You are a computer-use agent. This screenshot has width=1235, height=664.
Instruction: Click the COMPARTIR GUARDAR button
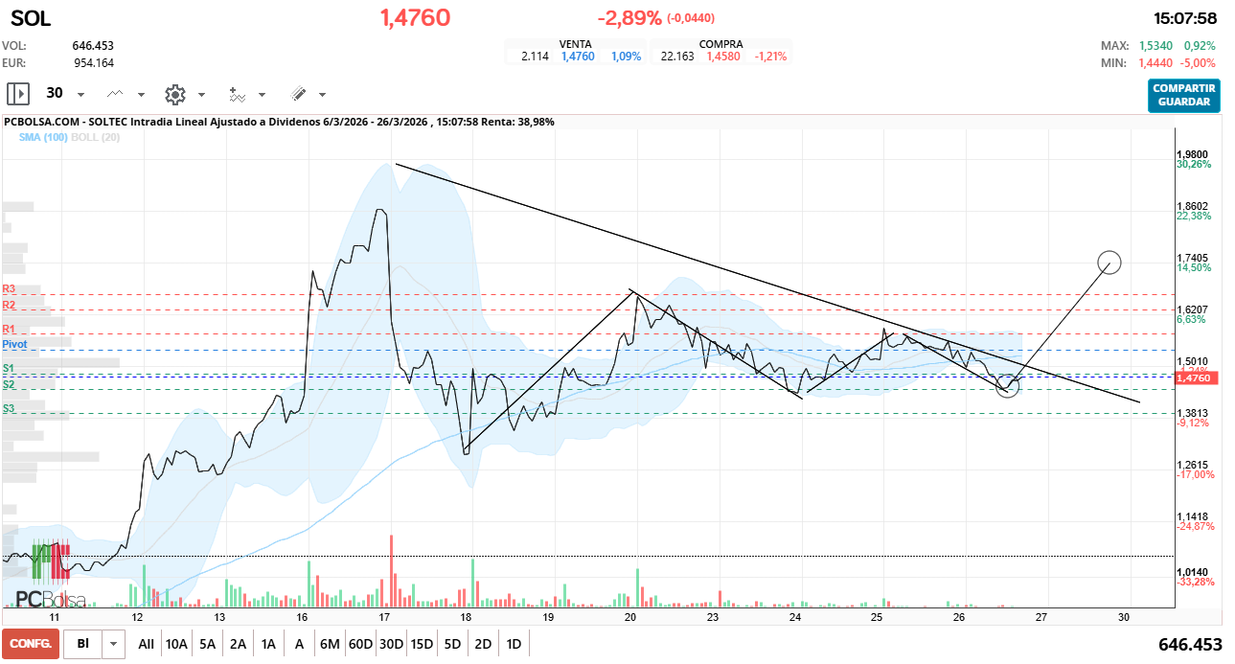(x=1183, y=95)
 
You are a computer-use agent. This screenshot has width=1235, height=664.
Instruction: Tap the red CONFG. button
(x=30, y=644)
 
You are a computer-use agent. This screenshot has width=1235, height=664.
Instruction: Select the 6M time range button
(x=330, y=644)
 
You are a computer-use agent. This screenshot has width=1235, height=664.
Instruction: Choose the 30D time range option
(x=391, y=644)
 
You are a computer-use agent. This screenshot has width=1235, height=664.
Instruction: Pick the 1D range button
(x=514, y=644)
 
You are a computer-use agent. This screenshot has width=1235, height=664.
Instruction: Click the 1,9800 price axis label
(x=1192, y=154)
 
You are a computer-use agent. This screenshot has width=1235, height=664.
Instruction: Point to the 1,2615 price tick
(x=1192, y=465)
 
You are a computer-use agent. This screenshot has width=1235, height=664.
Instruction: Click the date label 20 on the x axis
(x=630, y=618)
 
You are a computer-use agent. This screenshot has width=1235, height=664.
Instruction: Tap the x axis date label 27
(x=1041, y=618)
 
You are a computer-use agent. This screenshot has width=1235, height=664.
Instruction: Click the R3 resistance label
(x=10, y=288)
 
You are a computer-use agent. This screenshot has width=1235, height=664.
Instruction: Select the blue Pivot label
(x=14, y=343)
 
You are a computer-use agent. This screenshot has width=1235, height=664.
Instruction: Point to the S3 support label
(x=9, y=408)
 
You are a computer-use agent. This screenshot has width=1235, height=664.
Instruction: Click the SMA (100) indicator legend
(x=43, y=138)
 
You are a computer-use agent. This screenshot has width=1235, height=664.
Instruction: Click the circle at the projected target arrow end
(x=1109, y=262)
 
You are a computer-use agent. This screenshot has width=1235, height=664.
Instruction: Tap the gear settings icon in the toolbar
(x=174, y=94)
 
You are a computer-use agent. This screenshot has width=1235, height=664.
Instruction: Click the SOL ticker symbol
(x=31, y=18)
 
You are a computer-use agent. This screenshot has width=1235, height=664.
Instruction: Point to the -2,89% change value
(x=629, y=18)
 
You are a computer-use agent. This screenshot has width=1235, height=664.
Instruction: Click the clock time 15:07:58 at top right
(x=1185, y=18)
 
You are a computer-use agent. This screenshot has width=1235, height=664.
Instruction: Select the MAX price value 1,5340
(x=1158, y=46)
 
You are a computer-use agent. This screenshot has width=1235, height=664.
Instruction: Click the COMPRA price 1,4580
(x=722, y=57)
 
